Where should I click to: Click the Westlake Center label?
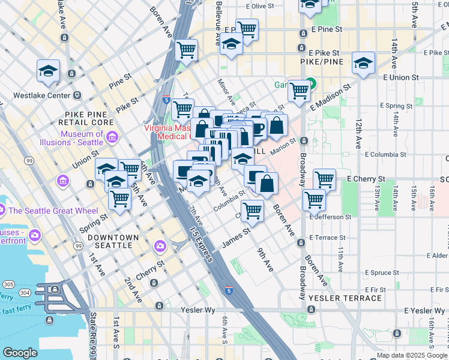35,95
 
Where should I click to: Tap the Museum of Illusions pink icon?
112,139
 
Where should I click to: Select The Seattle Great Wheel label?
46,211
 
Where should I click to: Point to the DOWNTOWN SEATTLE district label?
113,242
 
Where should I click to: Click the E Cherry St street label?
366,179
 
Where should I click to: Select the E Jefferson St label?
330,217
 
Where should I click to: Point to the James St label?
236,236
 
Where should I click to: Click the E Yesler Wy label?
426,310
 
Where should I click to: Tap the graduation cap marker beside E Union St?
363,62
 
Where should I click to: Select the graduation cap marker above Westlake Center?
48,70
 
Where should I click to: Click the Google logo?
20,352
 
